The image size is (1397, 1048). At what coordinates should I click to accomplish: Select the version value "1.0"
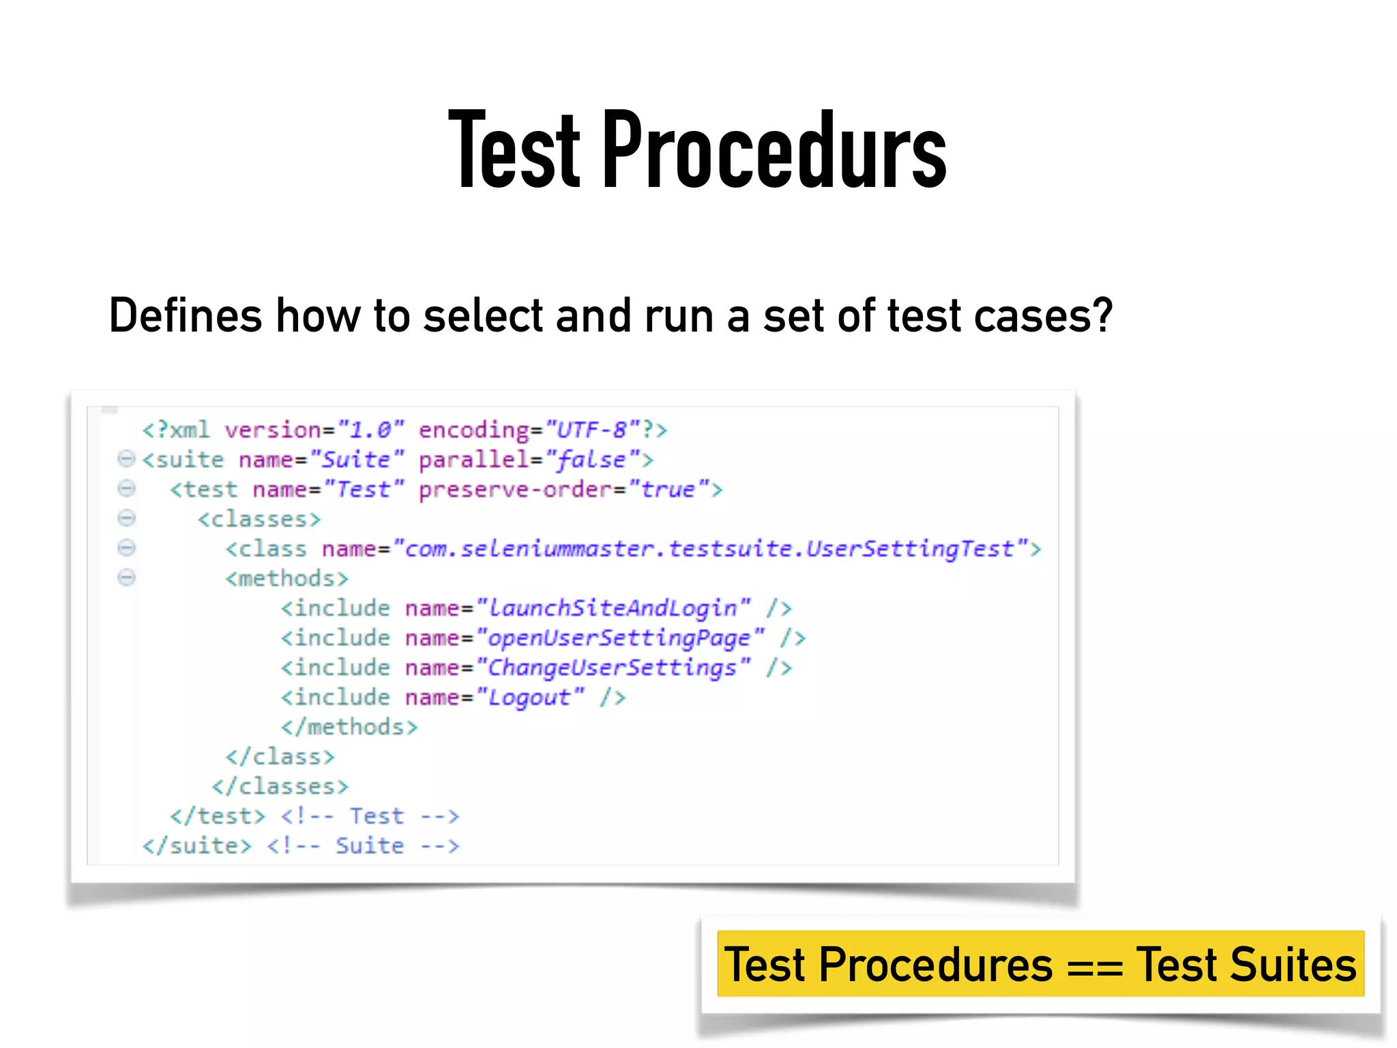coord(371,430)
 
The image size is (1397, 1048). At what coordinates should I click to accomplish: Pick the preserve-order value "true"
coord(668,489)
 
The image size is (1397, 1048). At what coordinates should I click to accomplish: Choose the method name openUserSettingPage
coord(619,638)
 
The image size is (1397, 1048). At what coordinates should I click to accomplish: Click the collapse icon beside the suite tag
coord(126,458)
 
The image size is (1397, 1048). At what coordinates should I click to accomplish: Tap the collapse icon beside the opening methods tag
coord(126,578)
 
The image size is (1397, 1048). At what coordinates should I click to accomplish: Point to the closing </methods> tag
coord(349,727)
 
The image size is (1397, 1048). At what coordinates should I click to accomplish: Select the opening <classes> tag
coord(259,519)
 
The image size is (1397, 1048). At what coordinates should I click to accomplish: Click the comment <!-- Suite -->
coord(363,846)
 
